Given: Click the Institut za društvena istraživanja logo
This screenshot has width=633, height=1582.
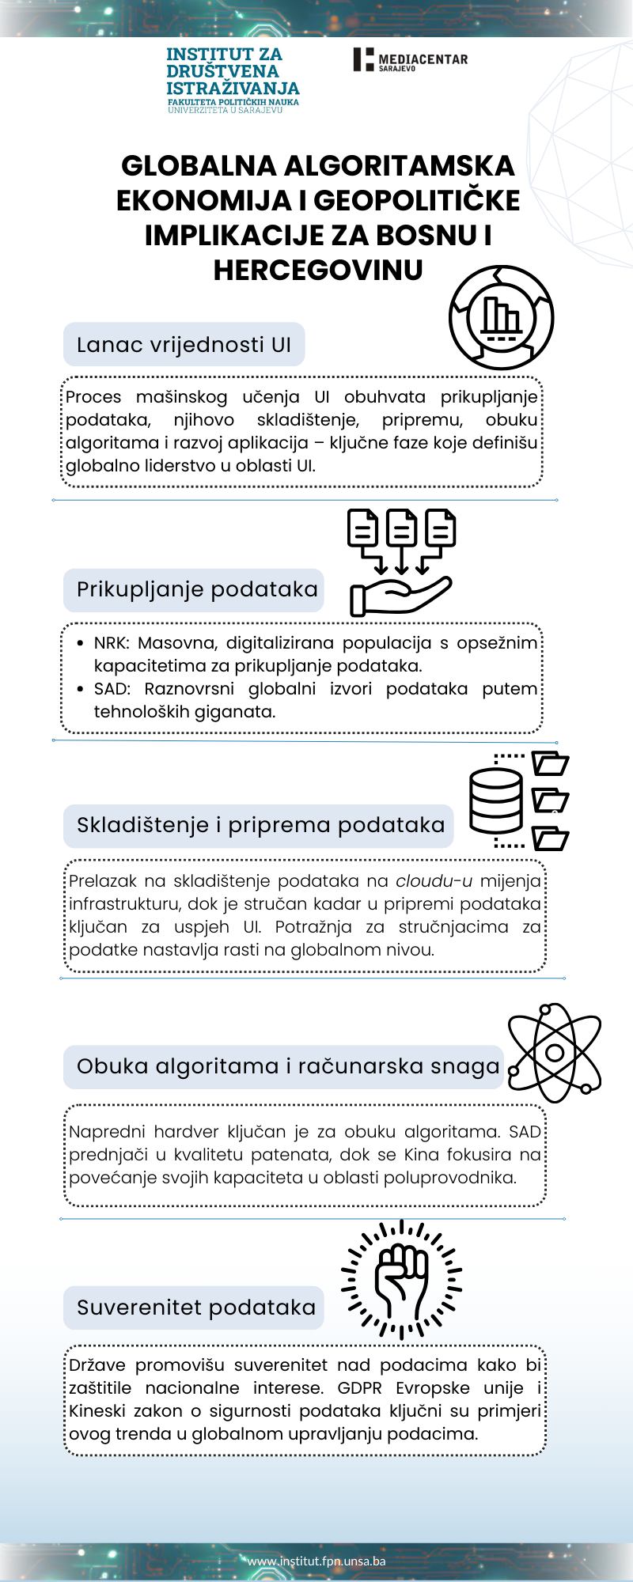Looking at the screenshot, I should coord(232,79).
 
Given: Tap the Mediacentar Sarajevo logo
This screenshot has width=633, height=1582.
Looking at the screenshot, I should coord(410,60).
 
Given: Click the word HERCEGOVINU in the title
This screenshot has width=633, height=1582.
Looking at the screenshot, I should coord(318,270).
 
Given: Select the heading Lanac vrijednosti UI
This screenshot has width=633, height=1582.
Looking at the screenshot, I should coord(184,345).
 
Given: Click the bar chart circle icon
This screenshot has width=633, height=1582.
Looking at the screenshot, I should coord(501,318).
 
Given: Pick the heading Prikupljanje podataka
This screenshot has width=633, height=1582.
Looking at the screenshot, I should coord(196,589).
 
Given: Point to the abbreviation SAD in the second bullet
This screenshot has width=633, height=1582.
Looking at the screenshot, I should coord(111,688).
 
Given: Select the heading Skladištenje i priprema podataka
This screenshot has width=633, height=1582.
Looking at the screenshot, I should coord(260,825).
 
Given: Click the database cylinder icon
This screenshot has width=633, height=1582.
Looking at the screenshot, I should coord(495,800).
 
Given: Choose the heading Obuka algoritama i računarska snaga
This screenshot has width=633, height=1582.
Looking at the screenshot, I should coord(288,1066).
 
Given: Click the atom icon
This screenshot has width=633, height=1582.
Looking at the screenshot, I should coord(554,1052).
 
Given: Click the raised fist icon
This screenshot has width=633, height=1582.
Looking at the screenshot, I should coord(401,1279).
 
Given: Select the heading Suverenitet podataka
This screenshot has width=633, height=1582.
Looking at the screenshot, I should coord(195,1308).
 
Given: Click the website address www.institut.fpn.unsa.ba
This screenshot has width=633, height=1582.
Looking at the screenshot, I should coord(316,1561).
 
